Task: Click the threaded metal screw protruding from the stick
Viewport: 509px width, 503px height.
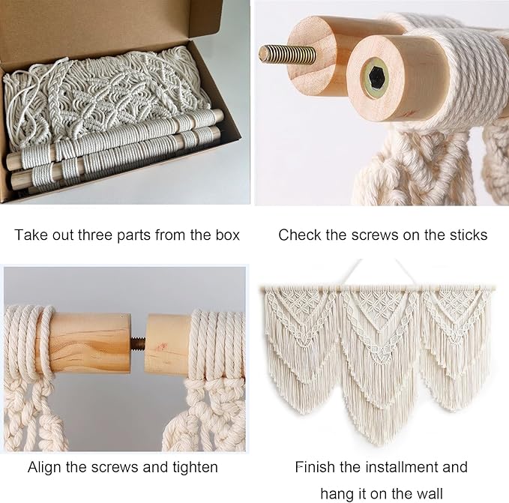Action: [287, 53]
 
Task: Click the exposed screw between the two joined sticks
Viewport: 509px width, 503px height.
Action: [137, 344]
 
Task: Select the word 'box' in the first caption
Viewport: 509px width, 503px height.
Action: [222, 235]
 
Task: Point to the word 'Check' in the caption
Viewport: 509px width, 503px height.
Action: [301, 235]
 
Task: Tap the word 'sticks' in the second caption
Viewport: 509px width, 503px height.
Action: [467, 235]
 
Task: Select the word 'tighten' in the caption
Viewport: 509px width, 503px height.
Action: [193, 467]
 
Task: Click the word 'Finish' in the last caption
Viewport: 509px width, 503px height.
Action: [315, 467]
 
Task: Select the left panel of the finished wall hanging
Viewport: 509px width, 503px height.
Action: [299, 337]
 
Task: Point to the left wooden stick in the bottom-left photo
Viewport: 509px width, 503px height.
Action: [90, 343]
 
